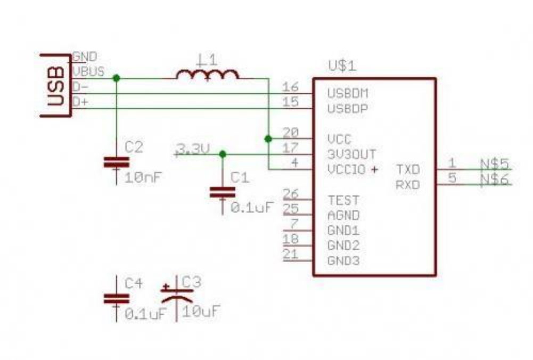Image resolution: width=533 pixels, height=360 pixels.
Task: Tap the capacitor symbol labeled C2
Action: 117,162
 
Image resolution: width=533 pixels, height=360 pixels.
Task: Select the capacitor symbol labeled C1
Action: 223,192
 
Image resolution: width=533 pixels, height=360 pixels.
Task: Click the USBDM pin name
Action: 348,94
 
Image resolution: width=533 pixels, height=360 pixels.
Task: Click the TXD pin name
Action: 408,169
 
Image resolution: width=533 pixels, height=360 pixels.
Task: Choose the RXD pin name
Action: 408,185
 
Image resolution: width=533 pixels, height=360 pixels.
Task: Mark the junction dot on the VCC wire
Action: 268,138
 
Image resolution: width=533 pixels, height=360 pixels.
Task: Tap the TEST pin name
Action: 343,200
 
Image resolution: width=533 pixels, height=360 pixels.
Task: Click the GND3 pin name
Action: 343,261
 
